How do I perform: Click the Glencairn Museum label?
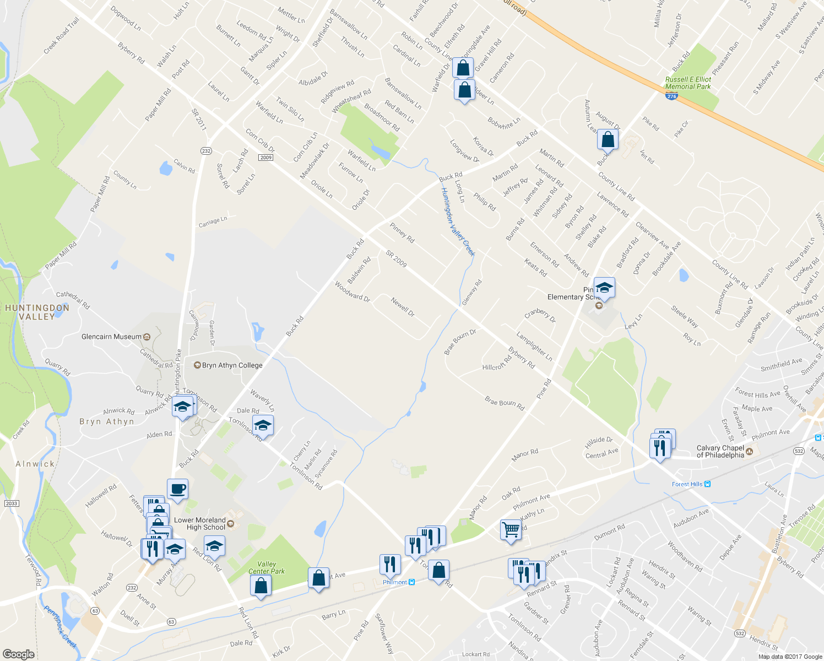112,337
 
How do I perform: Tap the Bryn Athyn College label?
232,365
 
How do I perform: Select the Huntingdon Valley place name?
37,312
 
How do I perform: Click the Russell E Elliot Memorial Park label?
688,83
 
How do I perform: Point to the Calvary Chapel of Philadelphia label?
720,452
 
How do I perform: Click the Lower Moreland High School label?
199,524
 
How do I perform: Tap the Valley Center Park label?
267,567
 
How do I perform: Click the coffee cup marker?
177,489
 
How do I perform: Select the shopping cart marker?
511,530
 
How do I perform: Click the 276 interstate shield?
671,96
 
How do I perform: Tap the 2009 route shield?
265,158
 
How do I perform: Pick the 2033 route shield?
11,503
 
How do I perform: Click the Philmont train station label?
395,582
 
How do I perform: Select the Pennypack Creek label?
60,626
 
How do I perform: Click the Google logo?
18,654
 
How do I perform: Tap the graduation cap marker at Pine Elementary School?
604,288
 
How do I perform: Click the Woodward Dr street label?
353,291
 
